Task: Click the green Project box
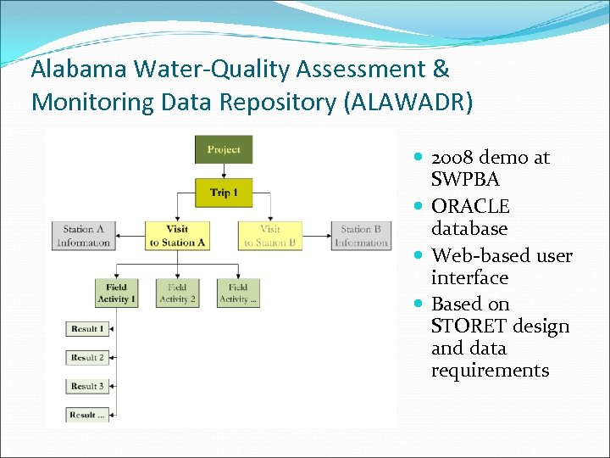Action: (x=224, y=150)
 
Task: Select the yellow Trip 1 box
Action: (x=224, y=193)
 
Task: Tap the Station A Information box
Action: (x=83, y=236)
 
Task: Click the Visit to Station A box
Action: (x=177, y=236)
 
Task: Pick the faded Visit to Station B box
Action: (x=270, y=236)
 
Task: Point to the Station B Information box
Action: (x=361, y=236)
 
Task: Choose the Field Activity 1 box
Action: (x=116, y=293)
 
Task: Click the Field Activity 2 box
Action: (x=177, y=293)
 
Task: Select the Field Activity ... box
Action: (x=238, y=293)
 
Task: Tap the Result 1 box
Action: (x=87, y=329)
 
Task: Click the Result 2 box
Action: (x=87, y=358)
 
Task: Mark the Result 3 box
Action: (x=87, y=386)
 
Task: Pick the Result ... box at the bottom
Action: (x=87, y=415)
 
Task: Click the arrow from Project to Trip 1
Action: (x=224, y=170)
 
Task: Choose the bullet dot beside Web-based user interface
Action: (x=421, y=256)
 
